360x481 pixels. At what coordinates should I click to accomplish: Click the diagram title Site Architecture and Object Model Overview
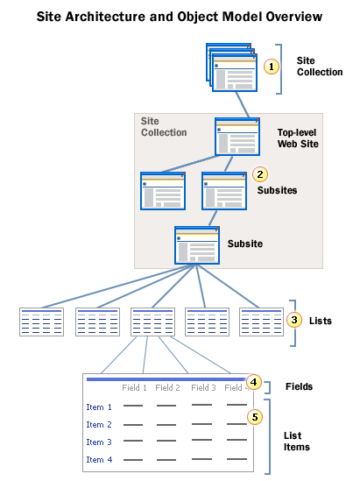click(179, 17)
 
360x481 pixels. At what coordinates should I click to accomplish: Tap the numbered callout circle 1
click(272, 67)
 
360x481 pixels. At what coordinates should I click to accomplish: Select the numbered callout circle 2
click(260, 173)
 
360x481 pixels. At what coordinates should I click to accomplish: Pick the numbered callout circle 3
click(295, 320)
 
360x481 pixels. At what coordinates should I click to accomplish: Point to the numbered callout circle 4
click(254, 382)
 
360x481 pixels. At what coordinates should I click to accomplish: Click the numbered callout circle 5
click(254, 416)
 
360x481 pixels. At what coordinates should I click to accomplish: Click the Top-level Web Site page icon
click(237, 137)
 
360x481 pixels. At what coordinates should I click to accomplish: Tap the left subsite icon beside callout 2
click(164, 190)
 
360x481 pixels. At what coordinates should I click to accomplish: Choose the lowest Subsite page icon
click(197, 244)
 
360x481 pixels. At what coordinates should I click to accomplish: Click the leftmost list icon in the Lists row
click(41, 322)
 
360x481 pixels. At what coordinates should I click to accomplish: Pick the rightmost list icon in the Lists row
click(261, 322)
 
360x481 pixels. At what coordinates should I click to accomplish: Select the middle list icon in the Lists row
click(152, 322)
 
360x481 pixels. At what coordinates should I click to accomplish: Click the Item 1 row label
click(99, 407)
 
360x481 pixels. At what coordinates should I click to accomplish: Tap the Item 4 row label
click(99, 459)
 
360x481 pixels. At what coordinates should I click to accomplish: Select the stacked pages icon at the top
click(231, 67)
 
